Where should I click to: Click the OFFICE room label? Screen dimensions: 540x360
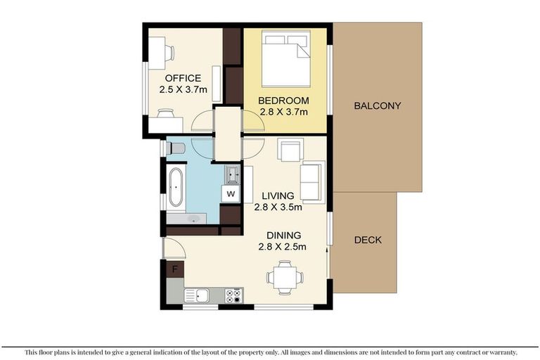coord(183,78)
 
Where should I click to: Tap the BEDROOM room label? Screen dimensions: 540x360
coord(283,101)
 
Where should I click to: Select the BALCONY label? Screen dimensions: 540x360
coord(378,105)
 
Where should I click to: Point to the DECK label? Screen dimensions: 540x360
coord(368,240)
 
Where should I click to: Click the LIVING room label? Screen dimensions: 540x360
coord(278,196)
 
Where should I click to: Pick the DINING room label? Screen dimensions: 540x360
coord(284,236)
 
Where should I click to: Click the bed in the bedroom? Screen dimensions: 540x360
coord(286,58)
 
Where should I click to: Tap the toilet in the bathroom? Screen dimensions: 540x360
coord(176,148)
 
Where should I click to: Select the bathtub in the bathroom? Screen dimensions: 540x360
coord(176,187)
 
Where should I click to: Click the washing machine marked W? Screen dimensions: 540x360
coord(231,193)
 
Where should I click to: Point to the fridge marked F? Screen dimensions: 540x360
coord(175,269)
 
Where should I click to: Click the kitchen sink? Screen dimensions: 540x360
coord(197,295)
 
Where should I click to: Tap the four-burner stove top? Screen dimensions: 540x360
coord(233,295)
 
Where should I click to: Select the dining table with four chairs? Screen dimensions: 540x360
coord(285,277)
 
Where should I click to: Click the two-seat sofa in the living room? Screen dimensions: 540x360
coord(313,182)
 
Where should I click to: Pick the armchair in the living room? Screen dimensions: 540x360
coord(290,150)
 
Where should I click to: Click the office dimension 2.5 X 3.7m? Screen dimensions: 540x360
coord(184,90)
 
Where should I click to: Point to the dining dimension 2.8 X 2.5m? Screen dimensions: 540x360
coord(283,247)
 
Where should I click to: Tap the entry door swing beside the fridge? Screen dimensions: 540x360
coord(174,248)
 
